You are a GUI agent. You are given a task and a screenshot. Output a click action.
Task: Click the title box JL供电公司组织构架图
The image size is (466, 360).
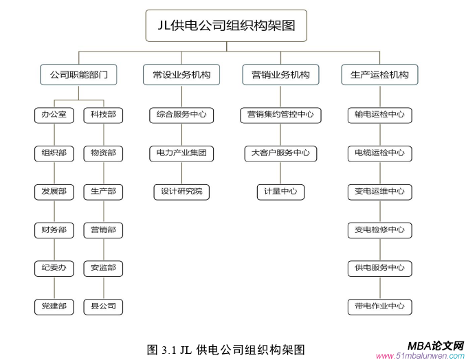tap(226, 27)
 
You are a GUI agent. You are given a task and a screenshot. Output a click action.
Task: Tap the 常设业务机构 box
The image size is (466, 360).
tap(181, 74)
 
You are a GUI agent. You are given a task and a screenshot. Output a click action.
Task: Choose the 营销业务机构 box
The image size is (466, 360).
tap(280, 74)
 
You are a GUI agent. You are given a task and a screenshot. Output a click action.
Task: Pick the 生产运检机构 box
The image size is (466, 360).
tap(379, 74)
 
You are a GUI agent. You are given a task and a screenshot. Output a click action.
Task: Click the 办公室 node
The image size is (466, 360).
tap(54, 115)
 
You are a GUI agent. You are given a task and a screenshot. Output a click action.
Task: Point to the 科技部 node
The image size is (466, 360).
tap(103, 115)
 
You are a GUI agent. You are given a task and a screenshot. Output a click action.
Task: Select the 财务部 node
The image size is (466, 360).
tap(54, 229)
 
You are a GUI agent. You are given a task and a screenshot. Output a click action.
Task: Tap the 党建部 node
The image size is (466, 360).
tap(54, 306)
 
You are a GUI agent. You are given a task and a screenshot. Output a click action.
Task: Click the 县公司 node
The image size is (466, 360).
tap(103, 306)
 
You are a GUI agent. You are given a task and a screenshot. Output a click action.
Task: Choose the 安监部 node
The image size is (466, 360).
tap(103, 268)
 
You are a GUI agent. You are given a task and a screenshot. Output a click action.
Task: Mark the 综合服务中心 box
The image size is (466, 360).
tap(181, 115)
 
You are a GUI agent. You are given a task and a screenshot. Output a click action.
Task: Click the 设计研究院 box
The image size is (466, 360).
tap(181, 192)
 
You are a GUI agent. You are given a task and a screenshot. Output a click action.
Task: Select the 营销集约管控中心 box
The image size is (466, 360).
tap(280, 115)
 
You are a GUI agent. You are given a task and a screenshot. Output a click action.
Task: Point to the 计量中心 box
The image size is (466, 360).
tap(280, 192)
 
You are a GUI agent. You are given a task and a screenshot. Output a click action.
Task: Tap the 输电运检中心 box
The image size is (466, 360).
tap(379, 115)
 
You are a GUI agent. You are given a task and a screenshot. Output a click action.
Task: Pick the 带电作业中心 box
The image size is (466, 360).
tap(379, 306)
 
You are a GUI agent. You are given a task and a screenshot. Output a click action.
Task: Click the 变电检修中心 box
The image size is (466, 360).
tap(379, 229)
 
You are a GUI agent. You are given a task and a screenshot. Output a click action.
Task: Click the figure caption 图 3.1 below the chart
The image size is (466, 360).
tap(225, 348)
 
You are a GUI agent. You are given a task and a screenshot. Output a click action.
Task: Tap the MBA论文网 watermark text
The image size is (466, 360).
tap(435, 346)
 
